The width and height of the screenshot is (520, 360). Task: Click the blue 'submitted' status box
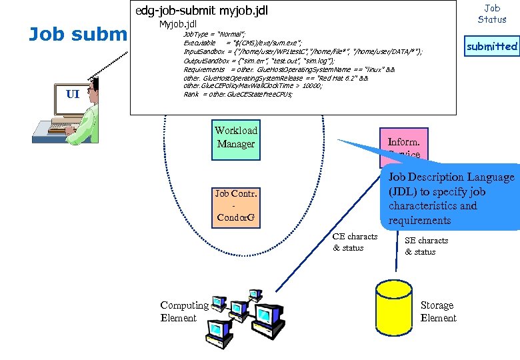(491, 46)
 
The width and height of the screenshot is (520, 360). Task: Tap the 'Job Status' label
(492, 13)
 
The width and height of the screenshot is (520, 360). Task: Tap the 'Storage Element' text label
(438, 311)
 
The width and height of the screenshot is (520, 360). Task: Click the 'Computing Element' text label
(184, 311)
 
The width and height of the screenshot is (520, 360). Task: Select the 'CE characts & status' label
(355, 242)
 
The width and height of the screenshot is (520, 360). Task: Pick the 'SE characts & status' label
(427, 246)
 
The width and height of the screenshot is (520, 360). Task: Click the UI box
(73, 94)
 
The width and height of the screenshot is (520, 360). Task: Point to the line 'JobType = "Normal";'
(214, 33)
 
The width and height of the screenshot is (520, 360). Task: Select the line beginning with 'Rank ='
(237, 94)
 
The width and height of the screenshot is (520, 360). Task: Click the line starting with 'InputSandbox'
(303, 51)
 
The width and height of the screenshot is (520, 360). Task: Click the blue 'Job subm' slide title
(77, 34)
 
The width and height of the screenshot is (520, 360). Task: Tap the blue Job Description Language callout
(451, 198)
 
